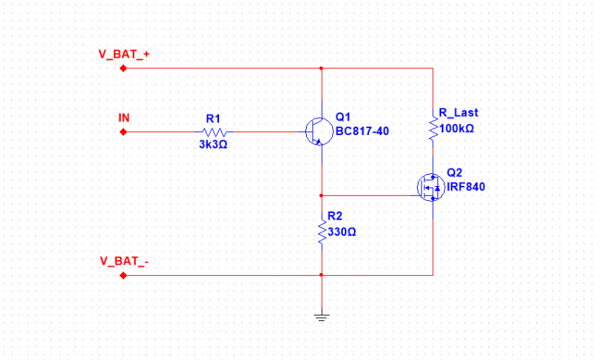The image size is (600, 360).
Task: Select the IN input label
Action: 124,118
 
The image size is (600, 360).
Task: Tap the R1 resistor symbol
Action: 213,132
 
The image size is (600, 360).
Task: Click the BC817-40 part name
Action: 362,132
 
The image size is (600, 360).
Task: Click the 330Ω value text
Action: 342,232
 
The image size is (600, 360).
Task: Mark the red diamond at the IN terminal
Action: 124,132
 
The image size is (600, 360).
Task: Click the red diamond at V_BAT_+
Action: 124,68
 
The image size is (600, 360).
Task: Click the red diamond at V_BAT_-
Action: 124,275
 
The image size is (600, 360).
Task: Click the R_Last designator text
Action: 458,112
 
